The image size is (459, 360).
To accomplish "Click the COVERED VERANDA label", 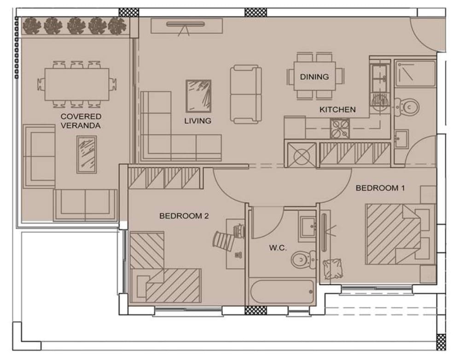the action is coord(81,121).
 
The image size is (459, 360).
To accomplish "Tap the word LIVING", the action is coord(198,121).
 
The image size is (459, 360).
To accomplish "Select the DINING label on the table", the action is coord(314,77).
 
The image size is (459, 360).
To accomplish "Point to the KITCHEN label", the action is coord(337,110).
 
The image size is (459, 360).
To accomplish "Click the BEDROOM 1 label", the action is coord(380,188).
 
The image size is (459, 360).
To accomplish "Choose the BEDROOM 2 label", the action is coord(184,216).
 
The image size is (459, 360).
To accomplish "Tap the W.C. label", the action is coord(278,248).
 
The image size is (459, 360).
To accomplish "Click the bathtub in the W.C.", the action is coord(282,292).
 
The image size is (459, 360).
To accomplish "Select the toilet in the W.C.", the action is coord(303,259).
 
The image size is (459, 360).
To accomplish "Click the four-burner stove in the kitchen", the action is coord(340,129).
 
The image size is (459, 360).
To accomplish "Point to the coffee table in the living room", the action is coord(198,96).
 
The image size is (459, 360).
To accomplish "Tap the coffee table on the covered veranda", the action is coord(87,155).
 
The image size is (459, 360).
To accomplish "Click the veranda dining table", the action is coord(77,84).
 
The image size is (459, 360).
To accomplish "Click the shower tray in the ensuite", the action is coord(415,73).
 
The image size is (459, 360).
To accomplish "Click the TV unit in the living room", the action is coord(186,26).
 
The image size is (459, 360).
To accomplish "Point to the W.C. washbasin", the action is coord(308,227).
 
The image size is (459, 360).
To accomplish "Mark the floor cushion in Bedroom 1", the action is coord(333,269).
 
